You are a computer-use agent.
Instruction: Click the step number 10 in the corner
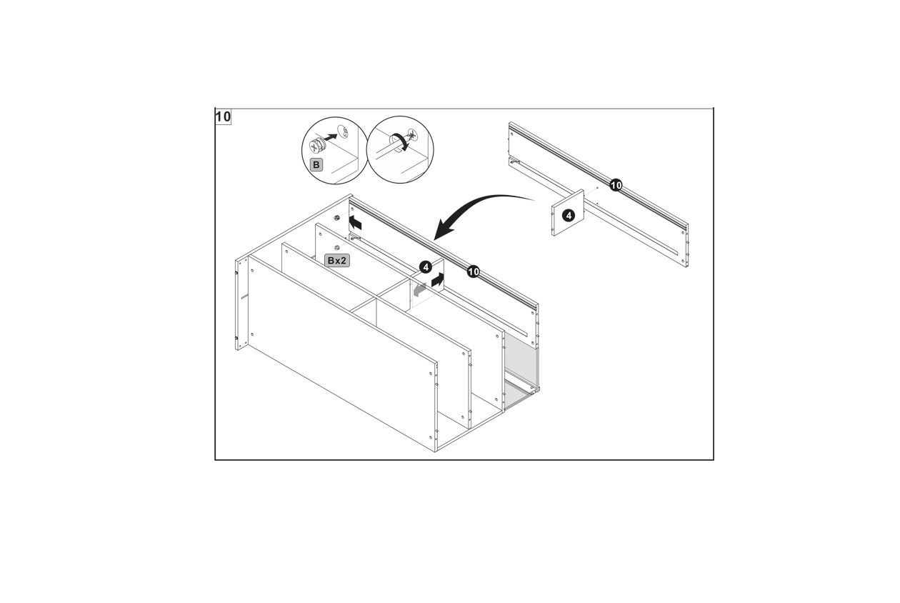pos(224,117)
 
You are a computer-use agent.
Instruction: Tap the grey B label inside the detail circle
pos(316,165)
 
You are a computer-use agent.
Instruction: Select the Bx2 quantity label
pos(336,261)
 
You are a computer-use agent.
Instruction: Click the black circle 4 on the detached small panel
pos(568,216)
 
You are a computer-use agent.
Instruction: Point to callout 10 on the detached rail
pos(616,185)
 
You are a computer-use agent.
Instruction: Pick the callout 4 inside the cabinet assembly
pos(426,267)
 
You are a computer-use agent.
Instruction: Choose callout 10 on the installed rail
pos(474,272)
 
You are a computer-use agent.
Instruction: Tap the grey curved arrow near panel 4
pos(419,289)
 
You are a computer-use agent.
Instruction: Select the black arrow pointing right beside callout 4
pos(438,280)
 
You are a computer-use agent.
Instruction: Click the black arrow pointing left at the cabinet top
pos(355,222)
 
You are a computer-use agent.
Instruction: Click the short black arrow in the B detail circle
pos(331,137)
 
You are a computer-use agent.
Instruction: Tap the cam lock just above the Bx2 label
pos(336,248)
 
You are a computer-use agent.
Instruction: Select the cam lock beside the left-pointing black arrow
pos(337,218)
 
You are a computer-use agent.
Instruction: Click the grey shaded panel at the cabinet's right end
pos(521,364)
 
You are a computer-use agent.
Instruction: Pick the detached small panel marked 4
pos(568,213)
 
